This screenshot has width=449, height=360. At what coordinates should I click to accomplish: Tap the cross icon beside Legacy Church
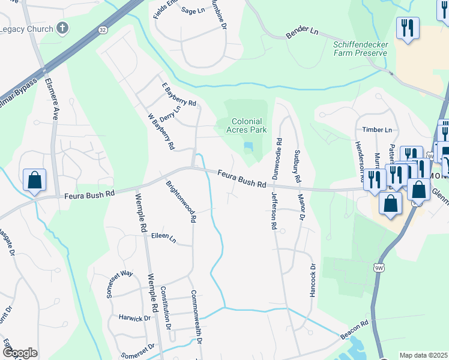click(62, 28)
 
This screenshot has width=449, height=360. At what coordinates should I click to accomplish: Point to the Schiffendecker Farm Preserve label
click(360, 48)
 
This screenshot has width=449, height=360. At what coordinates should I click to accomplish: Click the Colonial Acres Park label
click(247, 125)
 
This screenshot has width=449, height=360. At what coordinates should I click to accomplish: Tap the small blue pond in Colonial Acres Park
click(249, 146)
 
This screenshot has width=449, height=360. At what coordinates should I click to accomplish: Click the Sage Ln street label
click(193, 10)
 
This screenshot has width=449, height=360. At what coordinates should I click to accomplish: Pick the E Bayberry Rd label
click(179, 95)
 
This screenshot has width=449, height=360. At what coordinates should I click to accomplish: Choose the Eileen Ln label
click(163, 239)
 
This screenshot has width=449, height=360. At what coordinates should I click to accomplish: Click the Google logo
click(20, 353)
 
